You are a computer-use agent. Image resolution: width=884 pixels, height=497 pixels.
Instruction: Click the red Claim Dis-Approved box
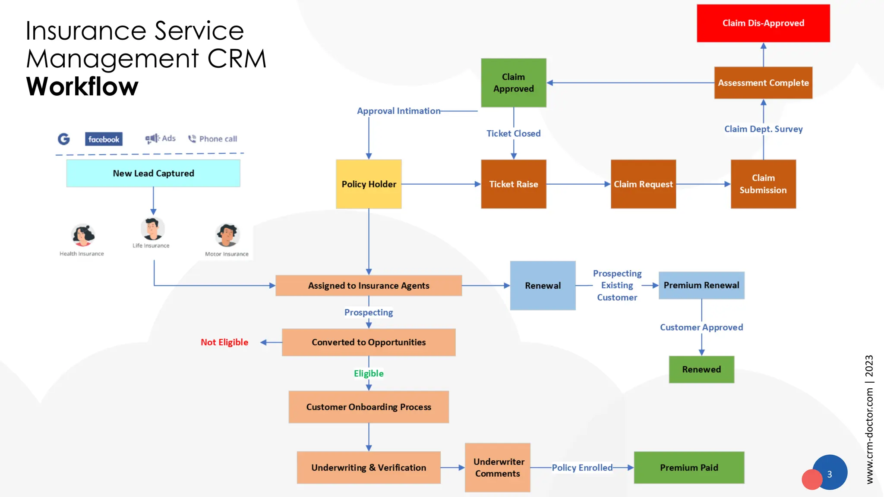click(x=763, y=23)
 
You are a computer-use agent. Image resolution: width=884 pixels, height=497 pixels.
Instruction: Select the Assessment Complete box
click(x=763, y=83)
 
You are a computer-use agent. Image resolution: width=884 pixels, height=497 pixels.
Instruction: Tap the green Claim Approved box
click(x=513, y=83)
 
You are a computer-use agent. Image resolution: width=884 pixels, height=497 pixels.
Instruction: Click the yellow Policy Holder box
click(x=369, y=184)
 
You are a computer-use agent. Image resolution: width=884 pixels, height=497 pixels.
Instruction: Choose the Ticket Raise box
click(x=513, y=184)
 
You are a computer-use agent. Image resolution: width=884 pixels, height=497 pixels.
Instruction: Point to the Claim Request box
click(x=643, y=184)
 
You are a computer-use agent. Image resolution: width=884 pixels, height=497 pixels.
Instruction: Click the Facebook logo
click(x=104, y=139)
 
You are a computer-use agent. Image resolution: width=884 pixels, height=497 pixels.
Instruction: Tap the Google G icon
click(x=64, y=139)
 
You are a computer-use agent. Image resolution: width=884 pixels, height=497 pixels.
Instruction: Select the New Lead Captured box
click(x=153, y=173)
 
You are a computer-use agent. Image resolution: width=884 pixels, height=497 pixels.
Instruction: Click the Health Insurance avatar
click(x=82, y=235)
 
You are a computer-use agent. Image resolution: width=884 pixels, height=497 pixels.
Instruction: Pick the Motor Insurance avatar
click(x=227, y=235)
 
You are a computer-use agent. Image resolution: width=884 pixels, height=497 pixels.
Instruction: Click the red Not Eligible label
click(x=224, y=342)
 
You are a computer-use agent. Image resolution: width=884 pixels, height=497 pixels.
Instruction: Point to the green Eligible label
click(x=368, y=373)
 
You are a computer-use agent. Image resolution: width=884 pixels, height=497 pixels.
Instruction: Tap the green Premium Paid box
click(x=688, y=467)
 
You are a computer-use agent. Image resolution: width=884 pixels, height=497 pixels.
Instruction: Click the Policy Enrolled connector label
click(x=581, y=467)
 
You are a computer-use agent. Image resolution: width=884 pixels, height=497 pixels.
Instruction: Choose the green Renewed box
click(x=701, y=369)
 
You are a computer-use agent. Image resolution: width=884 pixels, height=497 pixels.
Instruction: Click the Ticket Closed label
click(x=513, y=133)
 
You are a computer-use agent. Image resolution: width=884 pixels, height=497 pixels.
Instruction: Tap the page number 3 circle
click(x=830, y=474)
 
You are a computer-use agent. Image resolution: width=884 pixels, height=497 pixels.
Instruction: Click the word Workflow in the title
click(x=82, y=86)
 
